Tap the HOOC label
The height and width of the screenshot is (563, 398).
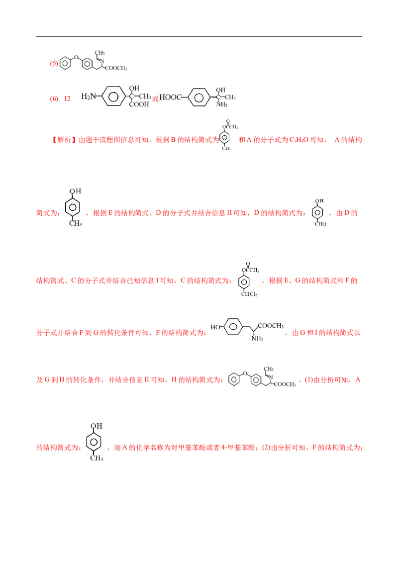(x=170, y=97)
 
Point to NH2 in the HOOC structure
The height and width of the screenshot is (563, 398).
(x=221, y=105)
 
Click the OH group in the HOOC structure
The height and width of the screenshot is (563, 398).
(x=219, y=90)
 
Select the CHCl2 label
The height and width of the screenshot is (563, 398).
(x=248, y=293)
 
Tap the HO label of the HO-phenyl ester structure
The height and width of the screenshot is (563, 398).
(x=215, y=328)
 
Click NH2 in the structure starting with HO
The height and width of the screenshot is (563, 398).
(x=257, y=339)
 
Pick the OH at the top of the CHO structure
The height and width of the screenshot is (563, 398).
(x=319, y=200)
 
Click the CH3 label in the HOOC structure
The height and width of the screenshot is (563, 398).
(x=232, y=97)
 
